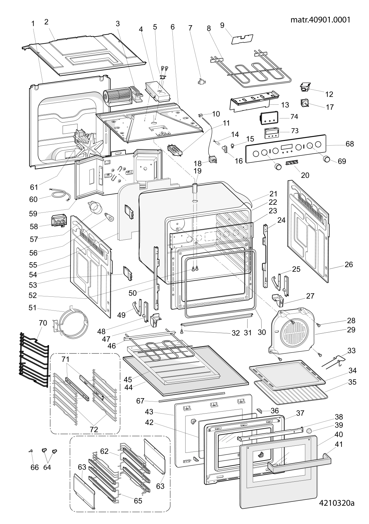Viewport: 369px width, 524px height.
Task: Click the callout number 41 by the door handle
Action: pyautogui.click(x=338, y=444)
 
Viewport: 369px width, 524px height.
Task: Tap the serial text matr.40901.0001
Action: pyautogui.click(x=320, y=20)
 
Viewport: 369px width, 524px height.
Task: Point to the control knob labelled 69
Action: pyautogui.click(x=326, y=159)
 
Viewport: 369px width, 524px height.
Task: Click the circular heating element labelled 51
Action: pyautogui.click(x=71, y=325)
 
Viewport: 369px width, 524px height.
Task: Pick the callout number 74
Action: pyautogui.click(x=294, y=116)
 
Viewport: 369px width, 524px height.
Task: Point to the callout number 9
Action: pyautogui.click(x=222, y=25)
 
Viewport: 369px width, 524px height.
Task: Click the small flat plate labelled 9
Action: pyautogui.click(x=242, y=39)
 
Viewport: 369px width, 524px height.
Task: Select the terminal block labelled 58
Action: pyautogui.click(x=58, y=221)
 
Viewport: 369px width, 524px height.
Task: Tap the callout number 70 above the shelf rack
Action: pyautogui.click(x=43, y=323)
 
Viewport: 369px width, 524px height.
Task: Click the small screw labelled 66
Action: pyautogui.click(x=31, y=451)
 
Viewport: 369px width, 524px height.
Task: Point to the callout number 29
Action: pyautogui.click(x=351, y=330)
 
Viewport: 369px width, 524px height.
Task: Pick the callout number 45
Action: pyautogui.click(x=128, y=379)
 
